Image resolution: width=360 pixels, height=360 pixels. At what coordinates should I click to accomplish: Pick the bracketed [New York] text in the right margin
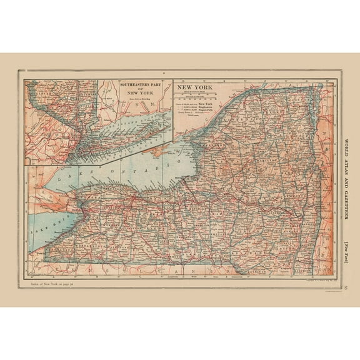point(347,247)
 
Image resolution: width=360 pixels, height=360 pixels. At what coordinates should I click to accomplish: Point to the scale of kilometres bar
point(201,100)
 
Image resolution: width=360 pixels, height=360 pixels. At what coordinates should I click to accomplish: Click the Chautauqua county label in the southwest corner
point(50,250)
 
